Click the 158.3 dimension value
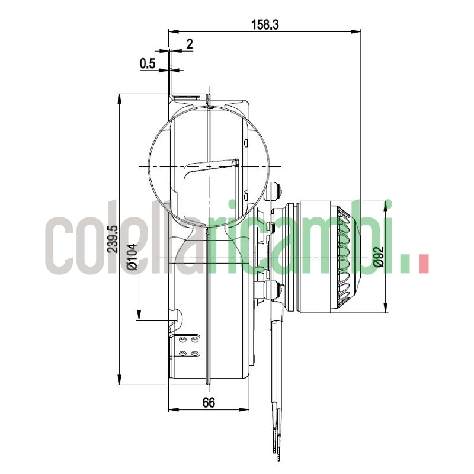pos(264,24)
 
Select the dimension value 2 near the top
pos(190,43)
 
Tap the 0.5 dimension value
pos(148,63)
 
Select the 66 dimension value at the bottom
pos(209,402)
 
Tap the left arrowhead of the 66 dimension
pos(173,409)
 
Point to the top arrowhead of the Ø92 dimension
pos(386,205)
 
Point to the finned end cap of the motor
pos(347,255)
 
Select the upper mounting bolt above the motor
pos(276,191)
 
